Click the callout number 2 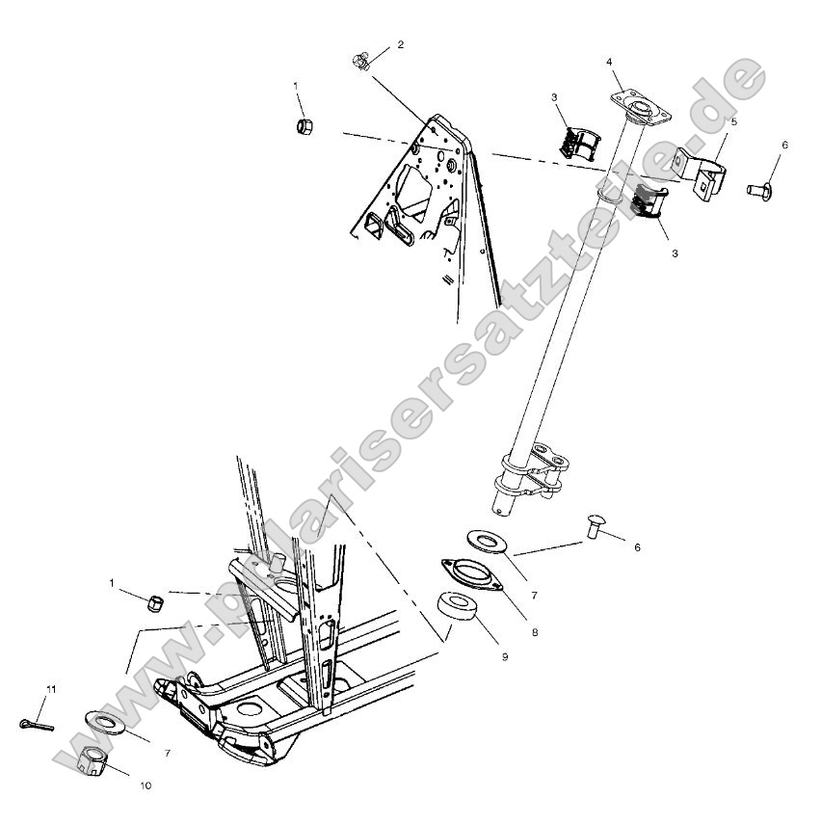(401, 44)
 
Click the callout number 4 (609, 62)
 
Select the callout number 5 (734, 122)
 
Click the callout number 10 (146, 785)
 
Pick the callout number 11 (53, 689)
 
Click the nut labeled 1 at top (304, 126)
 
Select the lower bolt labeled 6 (595, 526)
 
